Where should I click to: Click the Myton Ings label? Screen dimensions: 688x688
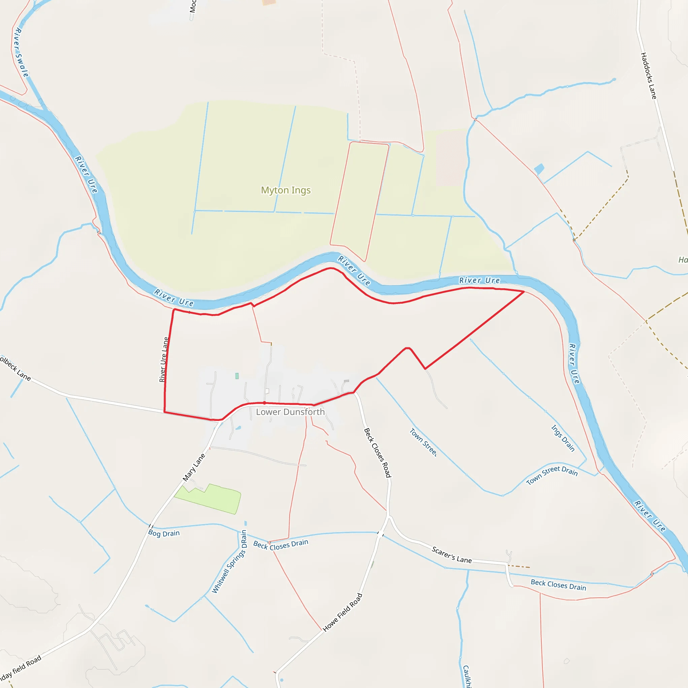coord(286,190)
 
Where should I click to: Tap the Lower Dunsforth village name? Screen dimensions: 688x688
coord(290,412)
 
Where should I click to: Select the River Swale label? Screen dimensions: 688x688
coord(20,52)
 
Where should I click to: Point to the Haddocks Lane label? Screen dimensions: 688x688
coord(648,76)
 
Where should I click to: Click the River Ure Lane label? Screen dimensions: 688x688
coord(164,360)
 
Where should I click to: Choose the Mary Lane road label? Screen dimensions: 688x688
coord(194,468)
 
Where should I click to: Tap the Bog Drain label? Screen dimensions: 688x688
coord(164,533)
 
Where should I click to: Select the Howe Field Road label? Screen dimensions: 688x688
coord(343,612)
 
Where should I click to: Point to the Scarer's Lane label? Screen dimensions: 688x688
coord(451,555)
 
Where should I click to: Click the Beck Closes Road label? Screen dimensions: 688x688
coord(378,453)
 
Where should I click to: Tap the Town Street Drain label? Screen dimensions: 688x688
coord(552,475)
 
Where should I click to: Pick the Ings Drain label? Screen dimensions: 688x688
coord(563,438)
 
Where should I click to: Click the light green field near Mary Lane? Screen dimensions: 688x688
coord(210,499)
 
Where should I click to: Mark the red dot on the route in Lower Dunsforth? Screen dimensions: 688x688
coord(265,403)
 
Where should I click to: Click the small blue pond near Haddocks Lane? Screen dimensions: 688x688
coord(539,169)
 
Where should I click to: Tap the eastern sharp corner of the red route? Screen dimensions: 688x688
coord(524,292)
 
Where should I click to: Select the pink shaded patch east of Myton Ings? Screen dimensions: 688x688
coord(451,159)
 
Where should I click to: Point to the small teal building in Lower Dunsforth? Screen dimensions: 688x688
coord(237,376)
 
